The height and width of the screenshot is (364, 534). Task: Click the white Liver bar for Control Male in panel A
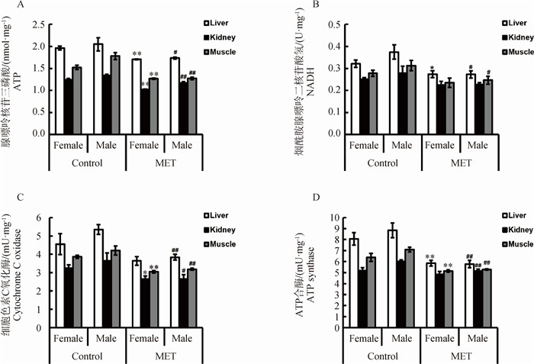tap(98, 89)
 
